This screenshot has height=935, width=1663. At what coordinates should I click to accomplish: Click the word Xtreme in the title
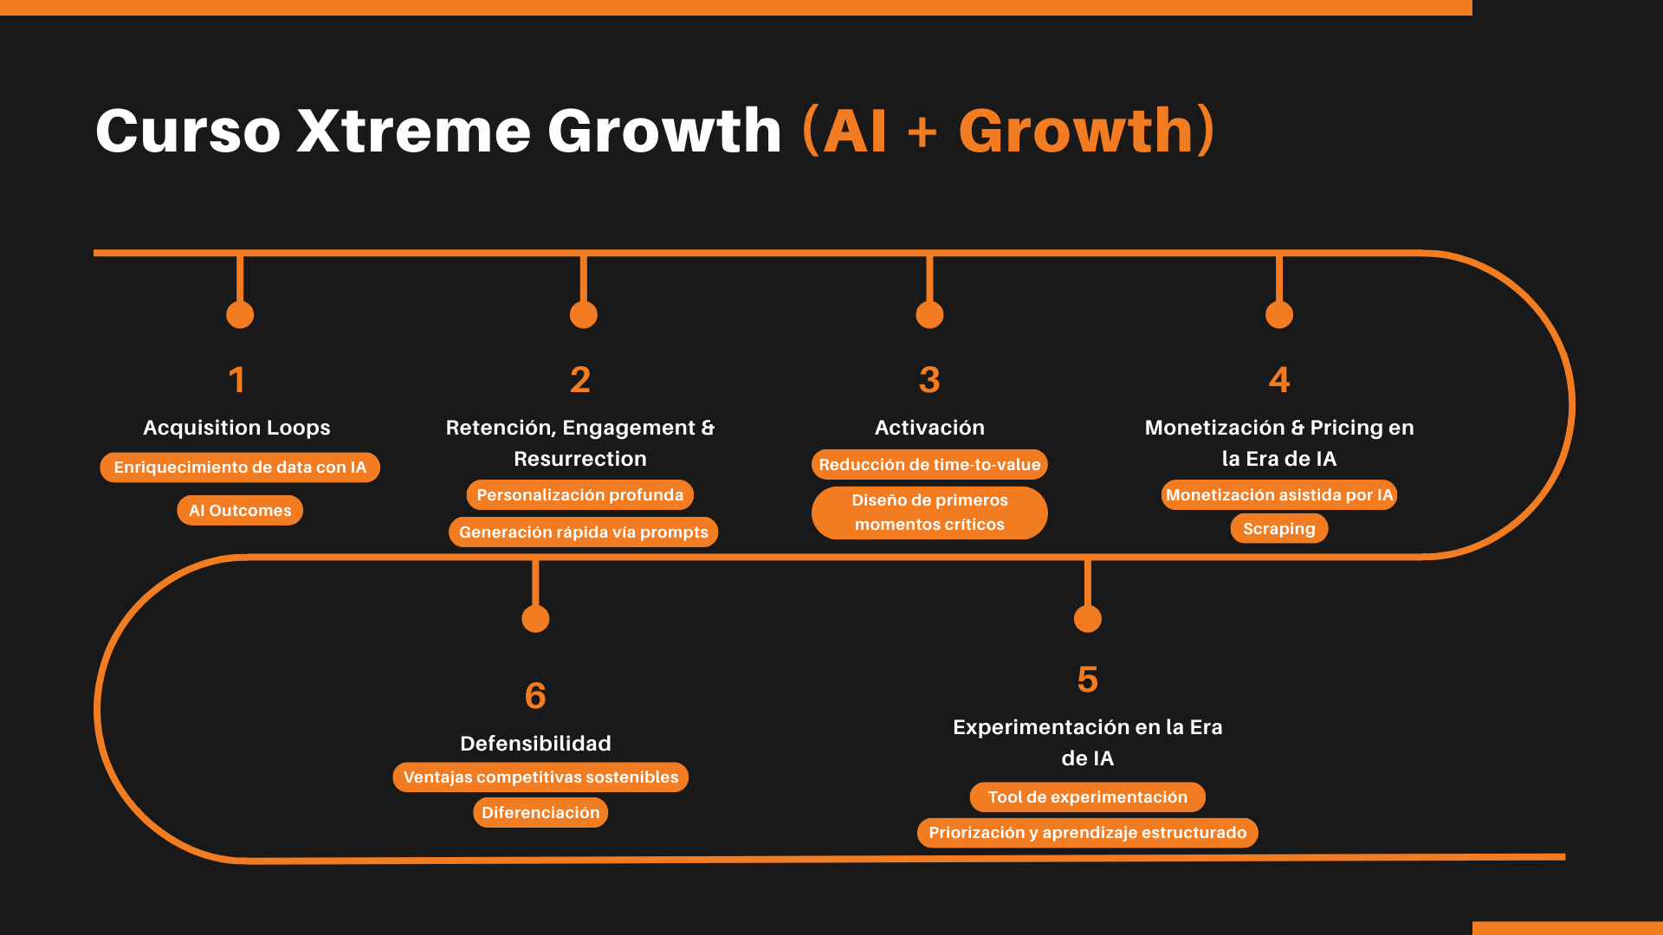tap(412, 132)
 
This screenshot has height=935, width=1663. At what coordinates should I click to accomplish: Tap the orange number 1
tap(236, 380)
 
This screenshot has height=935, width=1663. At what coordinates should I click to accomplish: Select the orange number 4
tap(1278, 380)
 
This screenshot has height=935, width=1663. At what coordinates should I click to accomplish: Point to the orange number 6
tap(535, 696)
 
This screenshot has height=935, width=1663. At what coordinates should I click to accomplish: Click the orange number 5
tap(1087, 680)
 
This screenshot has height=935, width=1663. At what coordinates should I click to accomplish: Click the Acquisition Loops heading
tap(236, 428)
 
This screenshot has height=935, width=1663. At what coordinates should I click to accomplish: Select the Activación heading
tap(929, 428)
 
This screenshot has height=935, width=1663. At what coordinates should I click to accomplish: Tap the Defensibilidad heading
tap(535, 744)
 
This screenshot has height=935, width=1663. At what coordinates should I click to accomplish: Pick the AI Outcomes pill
tap(240, 511)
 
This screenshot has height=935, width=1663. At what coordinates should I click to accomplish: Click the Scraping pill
tap(1278, 529)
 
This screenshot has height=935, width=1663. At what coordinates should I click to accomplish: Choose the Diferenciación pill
tap(540, 813)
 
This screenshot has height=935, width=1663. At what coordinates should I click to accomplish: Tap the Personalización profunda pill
tap(579, 495)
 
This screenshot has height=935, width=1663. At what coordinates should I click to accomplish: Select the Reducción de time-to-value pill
tap(929, 465)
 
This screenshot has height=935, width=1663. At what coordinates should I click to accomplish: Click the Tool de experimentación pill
tap(1087, 797)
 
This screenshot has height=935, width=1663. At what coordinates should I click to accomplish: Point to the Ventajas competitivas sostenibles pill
tap(540, 777)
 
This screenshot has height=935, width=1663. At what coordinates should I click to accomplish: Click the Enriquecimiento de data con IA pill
tap(240, 467)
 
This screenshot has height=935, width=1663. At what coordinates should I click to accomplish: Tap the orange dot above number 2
tap(583, 314)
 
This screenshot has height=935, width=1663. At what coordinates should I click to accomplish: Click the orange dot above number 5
tap(1087, 619)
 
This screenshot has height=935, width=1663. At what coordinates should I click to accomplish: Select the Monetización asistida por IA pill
tap(1278, 495)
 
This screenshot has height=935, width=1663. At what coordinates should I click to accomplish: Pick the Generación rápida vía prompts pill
tap(583, 532)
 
